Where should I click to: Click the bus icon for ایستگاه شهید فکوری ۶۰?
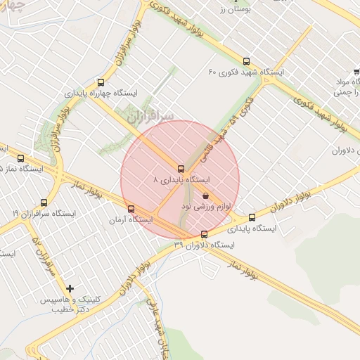(x=245, y=61)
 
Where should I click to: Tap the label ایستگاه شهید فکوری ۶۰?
(x=246, y=72)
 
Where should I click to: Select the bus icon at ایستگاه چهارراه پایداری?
(x=101, y=82)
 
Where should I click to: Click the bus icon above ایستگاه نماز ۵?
(x=20, y=158)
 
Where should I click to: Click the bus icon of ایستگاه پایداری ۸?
(x=181, y=169)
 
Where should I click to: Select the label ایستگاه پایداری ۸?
(x=182, y=179)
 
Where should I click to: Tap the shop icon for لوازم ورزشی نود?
(x=205, y=195)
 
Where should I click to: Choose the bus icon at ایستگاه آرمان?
(x=131, y=209)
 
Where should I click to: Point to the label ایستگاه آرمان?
(x=131, y=219)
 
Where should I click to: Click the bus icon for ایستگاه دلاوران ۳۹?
(x=205, y=234)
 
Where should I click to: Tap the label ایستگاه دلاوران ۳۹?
(x=204, y=244)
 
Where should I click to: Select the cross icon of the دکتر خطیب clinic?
(x=70, y=288)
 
